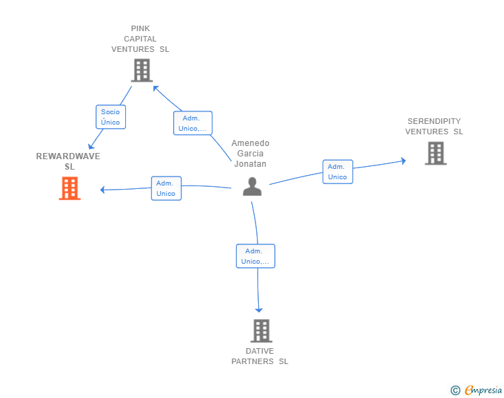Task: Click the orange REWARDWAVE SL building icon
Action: coord(69,188)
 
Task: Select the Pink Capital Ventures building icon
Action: coord(141,70)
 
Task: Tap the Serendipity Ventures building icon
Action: coord(435,153)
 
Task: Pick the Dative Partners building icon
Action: coord(261,331)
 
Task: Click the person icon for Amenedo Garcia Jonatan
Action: coord(252,187)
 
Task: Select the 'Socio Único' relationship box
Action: coord(110,117)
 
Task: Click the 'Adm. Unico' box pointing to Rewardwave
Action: coord(166,188)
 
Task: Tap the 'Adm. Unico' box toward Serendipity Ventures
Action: coord(337,172)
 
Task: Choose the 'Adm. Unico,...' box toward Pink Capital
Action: coord(192,123)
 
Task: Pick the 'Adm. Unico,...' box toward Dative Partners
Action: coord(255,256)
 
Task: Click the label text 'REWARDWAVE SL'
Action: coord(68,161)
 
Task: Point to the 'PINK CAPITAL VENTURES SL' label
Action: coord(140,39)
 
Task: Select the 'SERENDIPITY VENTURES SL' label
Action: coord(434,127)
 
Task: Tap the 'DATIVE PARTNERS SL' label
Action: coord(260,356)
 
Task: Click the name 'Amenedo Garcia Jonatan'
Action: coord(251,154)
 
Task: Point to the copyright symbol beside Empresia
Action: coord(455,390)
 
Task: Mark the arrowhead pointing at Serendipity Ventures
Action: coord(403,161)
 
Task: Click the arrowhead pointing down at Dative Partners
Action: coord(259,310)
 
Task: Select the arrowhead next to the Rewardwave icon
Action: coord(103,190)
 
